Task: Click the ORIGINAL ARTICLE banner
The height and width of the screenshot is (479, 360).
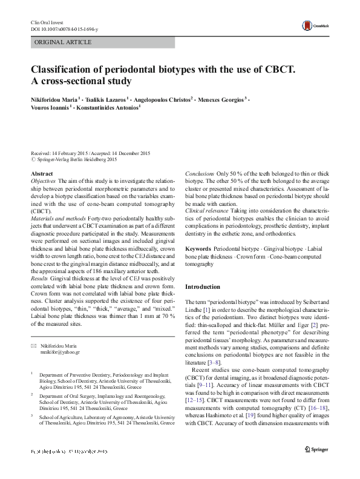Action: pyautogui.click(x=64, y=42)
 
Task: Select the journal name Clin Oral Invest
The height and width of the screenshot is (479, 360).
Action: pyautogui.click(x=47, y=22)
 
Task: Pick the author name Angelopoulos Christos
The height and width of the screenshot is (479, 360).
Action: pyautogui.click(x=163, y=98)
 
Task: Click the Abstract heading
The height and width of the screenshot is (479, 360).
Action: pyautogui.click(x=42, y=174)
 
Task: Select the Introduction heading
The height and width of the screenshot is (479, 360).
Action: pyautogui.click(x=203, y=286)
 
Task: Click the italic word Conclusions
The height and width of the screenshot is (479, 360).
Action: pyautogui.click(x=199, y=174)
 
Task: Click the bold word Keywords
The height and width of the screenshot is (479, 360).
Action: pyautogui.click(x=198, y=249)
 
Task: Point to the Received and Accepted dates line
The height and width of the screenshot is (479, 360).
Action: pyautogui.click(x=90, y=154)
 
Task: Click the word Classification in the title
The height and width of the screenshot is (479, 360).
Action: pyautogui.click(x=65, y=68)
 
